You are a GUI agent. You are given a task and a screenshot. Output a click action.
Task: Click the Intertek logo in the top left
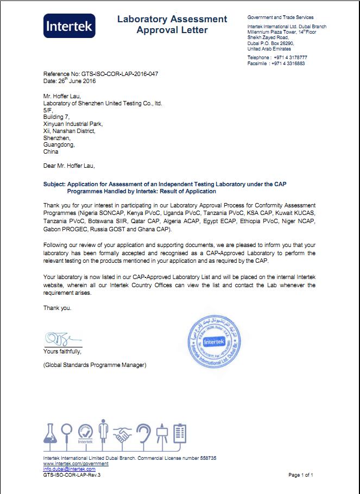(x=70, y=26)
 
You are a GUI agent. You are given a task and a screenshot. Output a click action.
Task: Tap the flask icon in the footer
(x=50, y=435)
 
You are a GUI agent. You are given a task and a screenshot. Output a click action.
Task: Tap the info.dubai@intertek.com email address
(x=69, y=469)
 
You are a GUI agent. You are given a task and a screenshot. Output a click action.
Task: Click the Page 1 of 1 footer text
(x=300, y=475)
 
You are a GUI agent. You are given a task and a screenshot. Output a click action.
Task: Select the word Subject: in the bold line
(x=54, y=185)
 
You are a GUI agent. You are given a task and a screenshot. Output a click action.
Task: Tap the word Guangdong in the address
(x=59, y=145)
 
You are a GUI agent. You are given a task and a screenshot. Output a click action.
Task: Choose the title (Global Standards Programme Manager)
(x=94, y=365)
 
